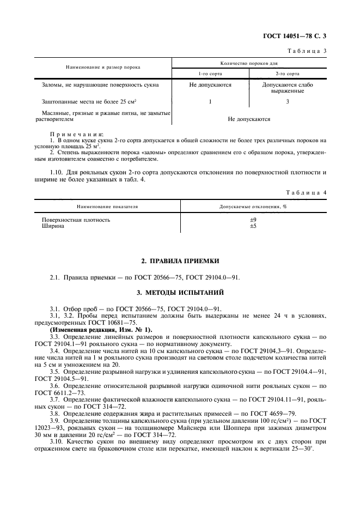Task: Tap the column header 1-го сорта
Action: [x=210, y=73]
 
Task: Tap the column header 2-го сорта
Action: [x=288, y=73]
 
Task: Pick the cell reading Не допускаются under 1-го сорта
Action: [x=210, y=85]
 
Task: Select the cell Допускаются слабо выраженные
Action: [x=288, y=88]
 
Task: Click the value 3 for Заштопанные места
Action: [x=288, y=102]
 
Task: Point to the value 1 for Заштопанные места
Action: [x=210, y=102]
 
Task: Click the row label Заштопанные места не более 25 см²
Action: [x=89, y=102]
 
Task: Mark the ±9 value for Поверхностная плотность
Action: [x=253, y=220]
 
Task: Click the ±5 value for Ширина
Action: [x=253, y=226]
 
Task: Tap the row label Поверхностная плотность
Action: [x=76, y=220]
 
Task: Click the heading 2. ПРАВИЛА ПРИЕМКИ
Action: [x=180, y=261]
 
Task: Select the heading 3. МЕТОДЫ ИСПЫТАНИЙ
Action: [x=180, y=293]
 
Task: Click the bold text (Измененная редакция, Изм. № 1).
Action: [x=101, y=329]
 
